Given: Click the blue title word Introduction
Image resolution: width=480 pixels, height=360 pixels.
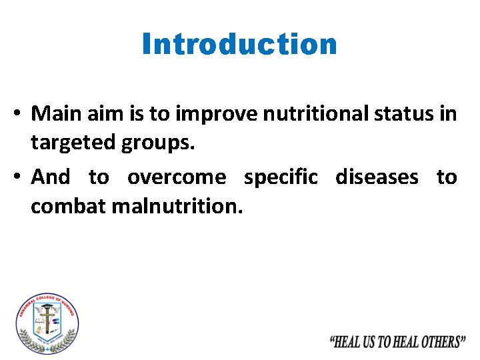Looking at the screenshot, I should coord(239,45).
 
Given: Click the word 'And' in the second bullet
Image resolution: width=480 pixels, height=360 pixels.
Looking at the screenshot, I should coord(51,177).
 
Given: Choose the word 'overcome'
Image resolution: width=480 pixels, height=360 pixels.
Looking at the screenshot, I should coord(177,177).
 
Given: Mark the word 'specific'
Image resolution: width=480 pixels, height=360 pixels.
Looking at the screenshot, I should coord(281,177).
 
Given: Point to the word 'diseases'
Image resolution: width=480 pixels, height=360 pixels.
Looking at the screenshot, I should coord(377,177).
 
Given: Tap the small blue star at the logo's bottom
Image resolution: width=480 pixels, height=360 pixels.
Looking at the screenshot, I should coord(47,350).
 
